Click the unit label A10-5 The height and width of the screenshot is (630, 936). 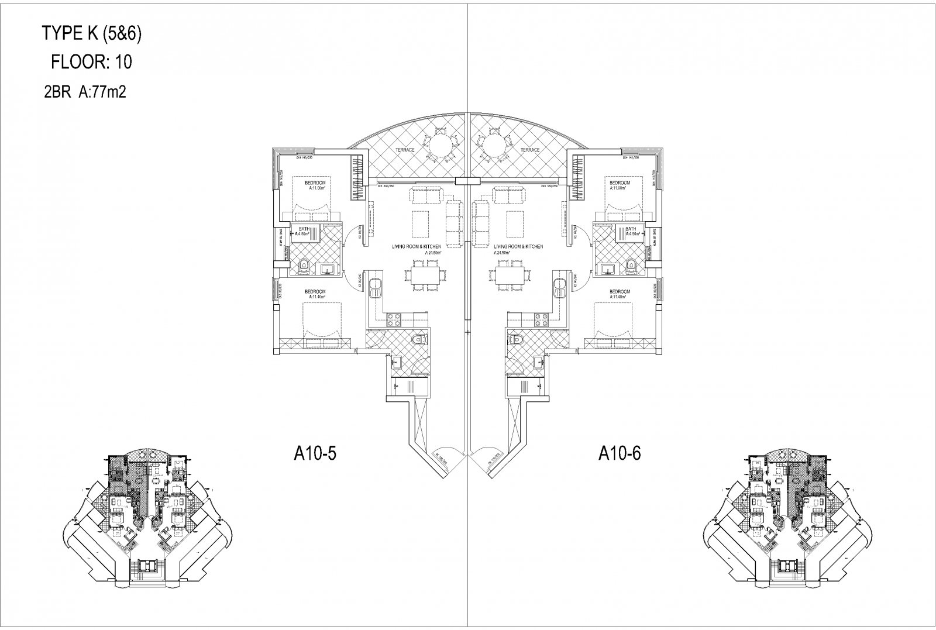(x=314, y=454)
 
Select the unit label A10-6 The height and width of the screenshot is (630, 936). (x=620, y=454)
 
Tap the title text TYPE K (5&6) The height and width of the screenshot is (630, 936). (x=92, y=34)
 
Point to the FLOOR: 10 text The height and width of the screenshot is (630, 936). (x=92, y=63)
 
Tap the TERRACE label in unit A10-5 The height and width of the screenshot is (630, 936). (x=404, y=150)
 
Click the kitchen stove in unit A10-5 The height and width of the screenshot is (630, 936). (x=393, y=319)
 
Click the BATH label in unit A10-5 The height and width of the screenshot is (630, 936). (x=304, y=229)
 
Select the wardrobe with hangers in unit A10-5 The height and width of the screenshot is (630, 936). (x=357, y=178)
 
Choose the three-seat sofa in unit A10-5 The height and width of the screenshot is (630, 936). (x=453, y=223)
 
